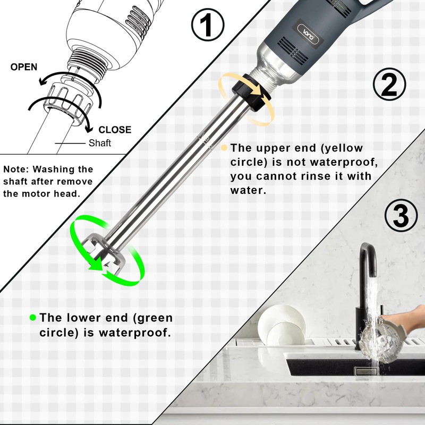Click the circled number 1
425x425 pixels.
tap(208, 24)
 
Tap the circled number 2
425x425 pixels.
tap(389, 84)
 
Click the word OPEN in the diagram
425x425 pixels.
tap(24, 67)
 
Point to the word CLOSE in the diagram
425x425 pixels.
tap(115, 130)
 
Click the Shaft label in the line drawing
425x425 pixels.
tap(100, 143)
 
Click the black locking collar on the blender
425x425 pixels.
tap(251, 92)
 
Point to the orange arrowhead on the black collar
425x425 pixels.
tap(257, 91)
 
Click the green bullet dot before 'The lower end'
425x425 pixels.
tap(33, 317)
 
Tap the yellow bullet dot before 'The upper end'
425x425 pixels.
tap(224, 148)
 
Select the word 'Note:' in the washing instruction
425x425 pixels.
tap(16, 169)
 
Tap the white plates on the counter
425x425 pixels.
tap(282, 325)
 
